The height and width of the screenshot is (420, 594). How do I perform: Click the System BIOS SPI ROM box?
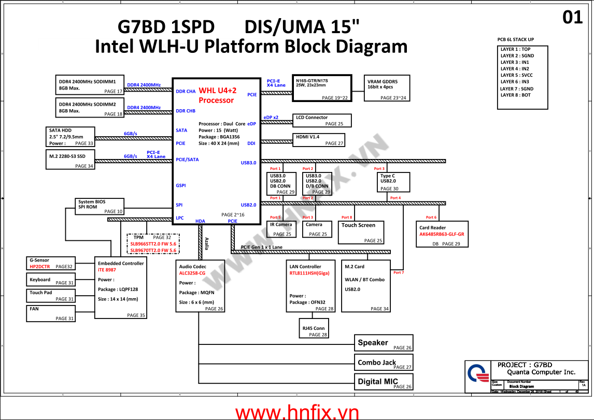pyautogui.click(x=100, y=206)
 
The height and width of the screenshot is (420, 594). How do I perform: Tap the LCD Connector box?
pyautogui.click(x=321, y=121)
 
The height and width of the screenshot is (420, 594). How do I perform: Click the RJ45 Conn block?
pyautogui.click(x=314, y=331)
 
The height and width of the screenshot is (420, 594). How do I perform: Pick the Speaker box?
pyautogui.click(x=384, y=343)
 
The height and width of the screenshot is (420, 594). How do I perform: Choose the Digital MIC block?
pyautogui.click(x=384, y=382)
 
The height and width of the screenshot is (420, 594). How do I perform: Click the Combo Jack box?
pyautogui.click(x=384, y=363)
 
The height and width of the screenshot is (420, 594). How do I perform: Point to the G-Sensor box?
pyautogui.click(x=50, y=263)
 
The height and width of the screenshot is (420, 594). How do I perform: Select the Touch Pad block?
pyautogui.click(x=50, y=296)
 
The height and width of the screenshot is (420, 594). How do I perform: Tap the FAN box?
pyautogui.click(x=50, y=313)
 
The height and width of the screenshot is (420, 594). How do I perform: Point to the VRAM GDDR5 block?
pyautogui.click(x=387, y=88)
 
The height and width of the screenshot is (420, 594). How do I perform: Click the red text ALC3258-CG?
pyautogui.click(x=192, y=273)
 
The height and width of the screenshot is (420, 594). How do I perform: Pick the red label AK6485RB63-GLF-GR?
pyautogui.click(x=442, y=234)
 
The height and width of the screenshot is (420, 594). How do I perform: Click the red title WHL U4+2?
pyautogui.click(x=218, y=90)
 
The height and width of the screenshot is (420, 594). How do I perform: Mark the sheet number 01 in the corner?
pyautogui.click(x=573, y=18)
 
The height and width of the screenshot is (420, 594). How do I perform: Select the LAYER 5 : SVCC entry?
pyautogui.click(x=517, y=75)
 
